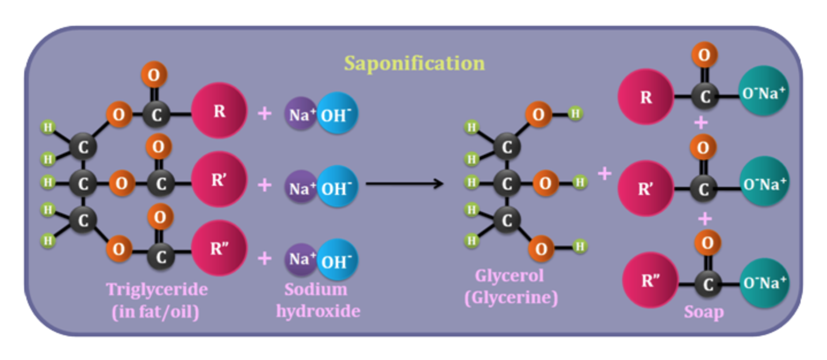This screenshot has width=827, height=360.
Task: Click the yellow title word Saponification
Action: click(x=414, y=63)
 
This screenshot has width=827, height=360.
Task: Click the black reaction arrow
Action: click(x=405, y=183)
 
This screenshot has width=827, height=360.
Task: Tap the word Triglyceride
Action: click(x=157, y=290)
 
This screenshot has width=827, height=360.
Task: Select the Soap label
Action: click(x=704, y=312)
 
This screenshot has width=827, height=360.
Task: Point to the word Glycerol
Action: click(x=510, y=276)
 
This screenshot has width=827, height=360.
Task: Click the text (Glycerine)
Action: click(x=511, y=297)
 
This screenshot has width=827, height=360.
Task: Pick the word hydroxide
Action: click(x=318, y=311)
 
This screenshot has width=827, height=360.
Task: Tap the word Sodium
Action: click(x=316, y=289)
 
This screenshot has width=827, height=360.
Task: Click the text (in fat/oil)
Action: click(x=155, y=312)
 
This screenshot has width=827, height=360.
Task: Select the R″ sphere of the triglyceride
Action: click(x=219, y=248)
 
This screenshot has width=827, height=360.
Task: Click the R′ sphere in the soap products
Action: click(x=646, y=188)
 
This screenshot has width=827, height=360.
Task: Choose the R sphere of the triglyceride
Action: click(x=219, y=110)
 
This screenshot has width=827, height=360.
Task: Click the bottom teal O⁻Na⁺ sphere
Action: click(x=764, y=283)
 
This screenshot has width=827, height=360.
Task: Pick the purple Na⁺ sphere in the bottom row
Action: click(x=301, y=259)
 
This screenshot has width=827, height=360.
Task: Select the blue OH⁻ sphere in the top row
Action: click(x=337, y=113)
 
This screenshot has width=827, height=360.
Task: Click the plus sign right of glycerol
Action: click(x=604, y=173)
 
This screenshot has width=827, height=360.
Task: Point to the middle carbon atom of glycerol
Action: click(x=507, y=183)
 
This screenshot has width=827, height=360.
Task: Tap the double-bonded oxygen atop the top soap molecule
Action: click(x=705, y=55)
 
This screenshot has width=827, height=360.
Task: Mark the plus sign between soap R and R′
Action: click(x=701, y=122)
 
